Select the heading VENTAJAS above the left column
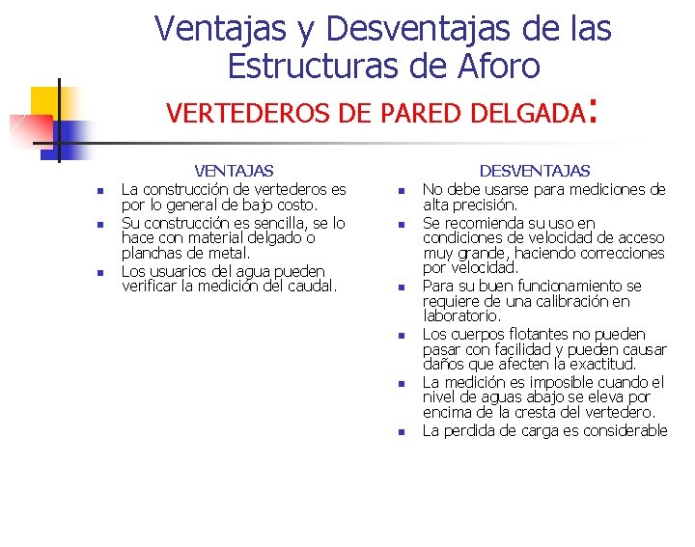234,171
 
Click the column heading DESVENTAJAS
535,171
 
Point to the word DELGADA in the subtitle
532,114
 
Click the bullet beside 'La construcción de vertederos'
99,191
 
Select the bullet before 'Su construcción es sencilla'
99,225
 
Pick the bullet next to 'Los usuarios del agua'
99,273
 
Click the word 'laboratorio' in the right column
461,316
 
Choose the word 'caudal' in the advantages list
309,286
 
